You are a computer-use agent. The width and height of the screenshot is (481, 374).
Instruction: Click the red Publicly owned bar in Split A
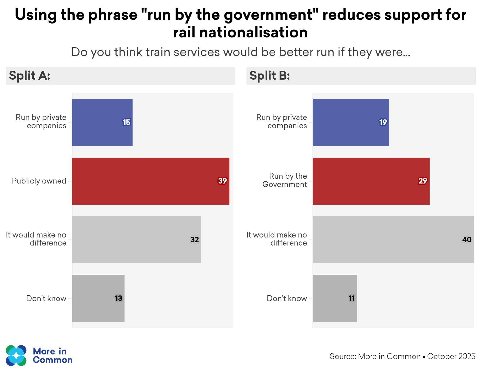tap(150, 181)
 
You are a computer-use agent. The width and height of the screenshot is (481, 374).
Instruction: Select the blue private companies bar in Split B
tap(351, 122)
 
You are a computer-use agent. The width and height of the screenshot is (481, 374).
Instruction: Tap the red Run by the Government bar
tap(371, 181)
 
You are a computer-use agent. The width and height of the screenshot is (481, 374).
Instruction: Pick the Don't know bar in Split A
tap(98, 298)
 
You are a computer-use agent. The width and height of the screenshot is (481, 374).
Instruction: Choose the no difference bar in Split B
tap(393, 240)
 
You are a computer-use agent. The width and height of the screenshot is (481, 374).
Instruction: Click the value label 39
tap(222, 181)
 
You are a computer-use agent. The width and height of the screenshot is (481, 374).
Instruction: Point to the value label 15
tap(126, 122)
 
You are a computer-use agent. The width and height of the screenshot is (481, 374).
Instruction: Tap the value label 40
tap(467, 240)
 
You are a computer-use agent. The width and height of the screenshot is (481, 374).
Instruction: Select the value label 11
tap(352, 298)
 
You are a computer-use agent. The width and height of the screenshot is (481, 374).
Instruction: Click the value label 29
tap(423, 181)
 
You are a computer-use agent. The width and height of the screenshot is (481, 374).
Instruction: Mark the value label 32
tap(195, 240)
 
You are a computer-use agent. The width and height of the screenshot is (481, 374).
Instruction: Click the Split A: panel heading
tap(30, 76)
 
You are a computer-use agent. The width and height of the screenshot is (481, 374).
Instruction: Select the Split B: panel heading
tap(270, 76)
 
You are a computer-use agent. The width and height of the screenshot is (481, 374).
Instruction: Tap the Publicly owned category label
tap(39, 181)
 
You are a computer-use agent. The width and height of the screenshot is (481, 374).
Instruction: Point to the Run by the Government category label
tap(285, 180)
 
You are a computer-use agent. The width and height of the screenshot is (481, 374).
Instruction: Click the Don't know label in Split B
tap(287, 298)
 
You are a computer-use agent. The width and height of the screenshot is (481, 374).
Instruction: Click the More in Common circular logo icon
tap(16, 355)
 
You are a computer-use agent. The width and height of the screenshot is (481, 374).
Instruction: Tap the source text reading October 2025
tap(451, 356)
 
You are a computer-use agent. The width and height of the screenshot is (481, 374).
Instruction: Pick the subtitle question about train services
tap(241, 52)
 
